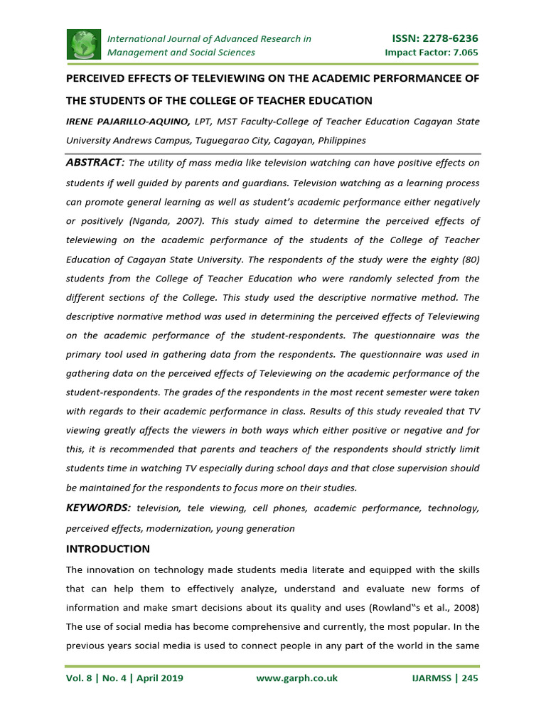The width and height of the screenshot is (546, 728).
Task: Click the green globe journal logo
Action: point(85,45)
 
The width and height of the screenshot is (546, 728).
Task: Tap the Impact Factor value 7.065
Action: point(462,53)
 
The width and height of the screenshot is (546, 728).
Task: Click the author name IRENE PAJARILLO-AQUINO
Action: point(128,122)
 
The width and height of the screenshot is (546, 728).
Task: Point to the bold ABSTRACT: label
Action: point(95,163)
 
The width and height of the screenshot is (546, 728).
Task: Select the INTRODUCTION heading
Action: point(108,549)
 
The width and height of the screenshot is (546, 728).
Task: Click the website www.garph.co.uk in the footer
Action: point(296,678)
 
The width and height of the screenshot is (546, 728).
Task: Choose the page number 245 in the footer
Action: point(470,678)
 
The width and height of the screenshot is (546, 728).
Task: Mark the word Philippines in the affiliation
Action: point(340,141)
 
